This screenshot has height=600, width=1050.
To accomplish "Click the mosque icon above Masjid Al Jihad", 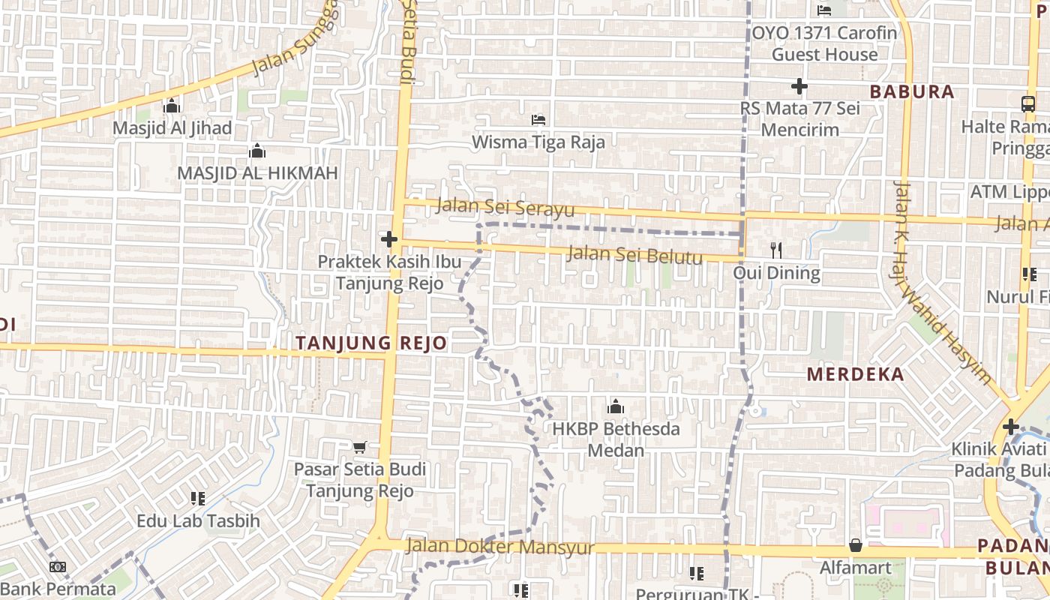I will pyautogui.click(x=172, y=106).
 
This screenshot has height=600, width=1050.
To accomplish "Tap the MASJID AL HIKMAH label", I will pyautogui.click(x=257, y=173).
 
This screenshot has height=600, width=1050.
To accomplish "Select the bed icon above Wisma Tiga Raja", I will pyautogui.click(x=538, y=119).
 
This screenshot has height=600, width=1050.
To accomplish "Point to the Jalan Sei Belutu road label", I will pyautogui.click(x=634, y=254).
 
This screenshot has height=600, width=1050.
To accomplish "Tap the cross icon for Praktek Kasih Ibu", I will pyautogui.click(x=388, y=240).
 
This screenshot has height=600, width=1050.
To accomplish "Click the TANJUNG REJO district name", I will pyautogui.click(x=371, y=343).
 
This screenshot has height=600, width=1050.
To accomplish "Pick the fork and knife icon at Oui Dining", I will pyautogui.click(x=776, y=250).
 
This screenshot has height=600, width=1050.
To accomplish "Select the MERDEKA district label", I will pyautogui.click(x=856, y=374).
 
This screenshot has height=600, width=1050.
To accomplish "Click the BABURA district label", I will pyautogui.click(x=912, y=92).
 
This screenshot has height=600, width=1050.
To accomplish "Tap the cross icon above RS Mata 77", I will pyautogui.click(x=799, y=86).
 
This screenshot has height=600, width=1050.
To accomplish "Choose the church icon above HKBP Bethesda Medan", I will pyautogui.click(x=616, y=407).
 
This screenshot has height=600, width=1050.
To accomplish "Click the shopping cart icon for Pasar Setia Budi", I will pyautogui.click(x=359, y=447).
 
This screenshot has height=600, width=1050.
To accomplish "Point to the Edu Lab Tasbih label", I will pyautogui.click(x=198, y=520).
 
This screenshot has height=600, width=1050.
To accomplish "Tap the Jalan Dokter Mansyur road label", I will pyautogui.click(x=499, y=547).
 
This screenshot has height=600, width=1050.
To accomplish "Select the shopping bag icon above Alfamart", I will pyautogui.click(x=855, y=545).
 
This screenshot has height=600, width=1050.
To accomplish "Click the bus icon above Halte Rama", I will pyautogui.click(x=1027, y=104).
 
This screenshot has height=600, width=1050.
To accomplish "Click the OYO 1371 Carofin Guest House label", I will pyautogui.click(x=824, y=43).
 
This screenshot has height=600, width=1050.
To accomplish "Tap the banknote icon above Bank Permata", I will pyautogui.click(x=58, y=567).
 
